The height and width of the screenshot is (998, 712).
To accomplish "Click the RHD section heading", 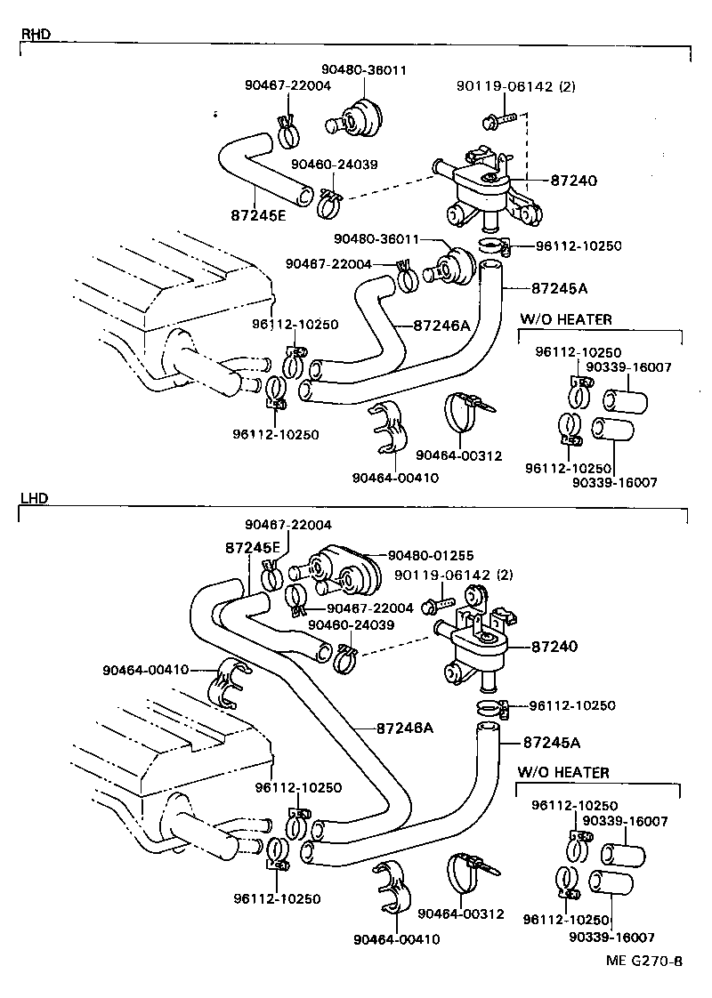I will tap(36, 35).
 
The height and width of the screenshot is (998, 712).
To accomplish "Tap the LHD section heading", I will tap(35, 499).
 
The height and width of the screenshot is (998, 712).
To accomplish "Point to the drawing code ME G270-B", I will tap(644, 961).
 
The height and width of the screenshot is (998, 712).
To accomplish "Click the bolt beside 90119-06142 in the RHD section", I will tap(498, 117).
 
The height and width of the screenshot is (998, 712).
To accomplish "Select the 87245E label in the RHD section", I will tap(257, 214).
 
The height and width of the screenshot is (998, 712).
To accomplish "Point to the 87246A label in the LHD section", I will tap(405, 728).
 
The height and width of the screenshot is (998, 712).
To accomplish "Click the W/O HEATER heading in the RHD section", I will tap(566, 319).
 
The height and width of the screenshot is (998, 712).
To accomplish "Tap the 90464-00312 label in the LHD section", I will tap(460, 914).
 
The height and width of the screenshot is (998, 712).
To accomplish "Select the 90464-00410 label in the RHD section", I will tap(395, 477).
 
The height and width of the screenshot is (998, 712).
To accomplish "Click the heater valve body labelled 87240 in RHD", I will tap(481, 191).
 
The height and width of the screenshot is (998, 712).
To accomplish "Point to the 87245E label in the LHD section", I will tap(252, 547).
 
